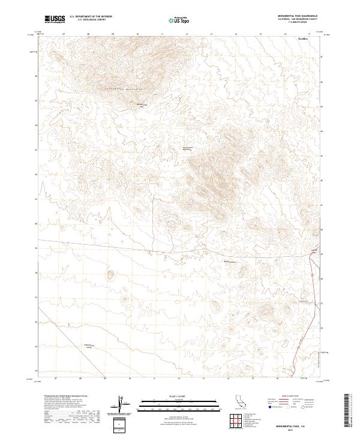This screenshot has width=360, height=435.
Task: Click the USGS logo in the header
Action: (55, 19)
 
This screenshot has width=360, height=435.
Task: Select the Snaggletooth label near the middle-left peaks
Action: (188, 148)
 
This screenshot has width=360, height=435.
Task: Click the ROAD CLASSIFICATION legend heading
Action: (292, 397)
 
